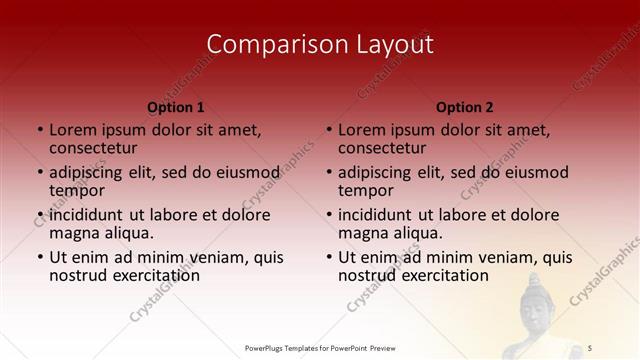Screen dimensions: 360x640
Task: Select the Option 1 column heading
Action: pyautogui.click(x=176, y=107)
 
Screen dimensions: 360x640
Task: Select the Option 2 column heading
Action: pyautogui.click(x=465, y=107)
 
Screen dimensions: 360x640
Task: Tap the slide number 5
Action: pyautogui.click(x=591, y=347)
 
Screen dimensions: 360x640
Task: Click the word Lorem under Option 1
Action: pyautogui.click(x=73, y=129)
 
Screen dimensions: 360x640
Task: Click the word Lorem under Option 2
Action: pyautogui.click(x=362, y=129)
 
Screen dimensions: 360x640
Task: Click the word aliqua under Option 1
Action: pyautogui.click(x=127, y=233)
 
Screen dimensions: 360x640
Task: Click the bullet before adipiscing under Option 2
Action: pyautogui.click(x=329, y=172)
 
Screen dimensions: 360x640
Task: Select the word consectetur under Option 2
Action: pyautogui.click(x=381, y=147)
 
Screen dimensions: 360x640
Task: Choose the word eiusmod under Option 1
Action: pyautogui.click(x=244, y=172)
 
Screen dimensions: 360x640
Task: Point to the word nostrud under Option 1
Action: pyautogui.click(x=79, y=275)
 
